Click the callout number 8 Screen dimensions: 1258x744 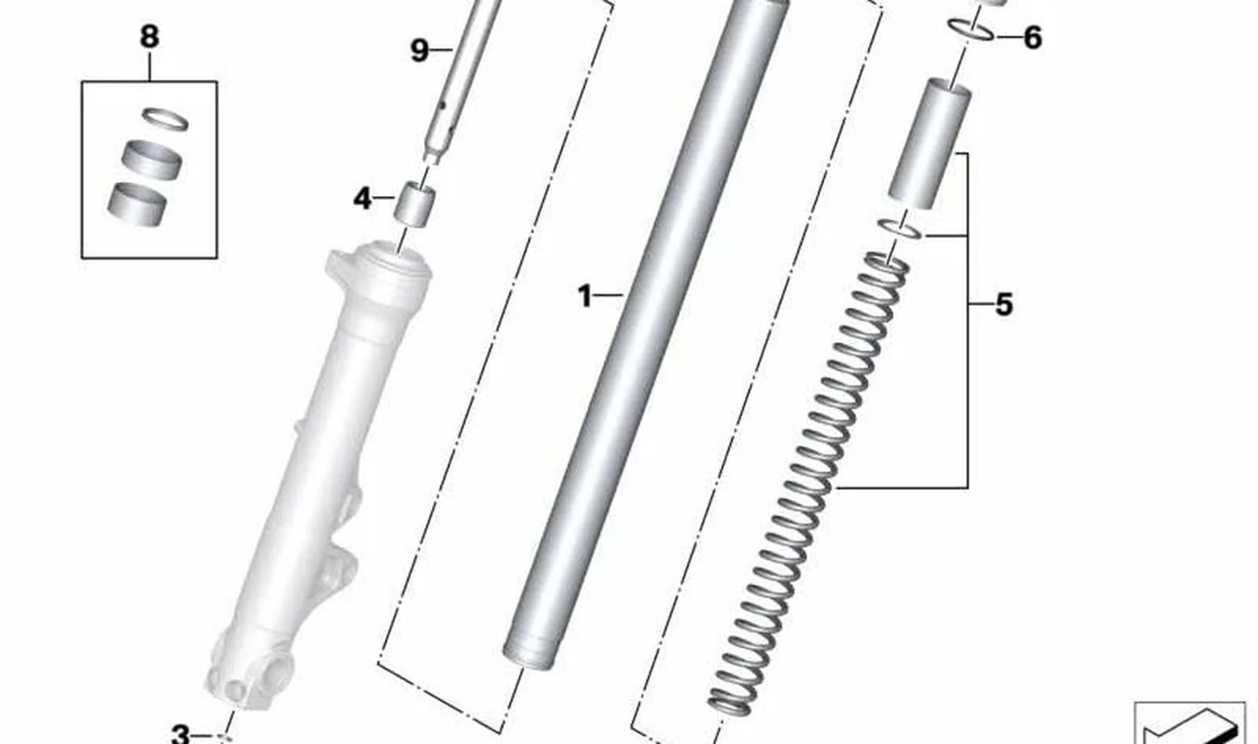click(x=149, y=37)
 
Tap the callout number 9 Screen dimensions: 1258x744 click(x=420, y=50)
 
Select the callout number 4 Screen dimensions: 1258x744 click(x=362, y=198)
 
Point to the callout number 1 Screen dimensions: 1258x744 click(x=585, y=296)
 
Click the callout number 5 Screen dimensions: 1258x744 click(x=1003, y=304)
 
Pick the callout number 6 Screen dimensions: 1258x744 click(x=1032, y=38)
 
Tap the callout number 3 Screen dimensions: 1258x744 click(x=181, y=734)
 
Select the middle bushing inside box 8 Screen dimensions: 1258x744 click(x=152, y=160)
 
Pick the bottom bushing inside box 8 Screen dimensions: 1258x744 click(x=137, y=204)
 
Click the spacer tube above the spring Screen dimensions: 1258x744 click(x=929, y=145)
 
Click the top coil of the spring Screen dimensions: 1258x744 click(x=888, y=265)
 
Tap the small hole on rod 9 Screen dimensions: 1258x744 click(x=443, y=105)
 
